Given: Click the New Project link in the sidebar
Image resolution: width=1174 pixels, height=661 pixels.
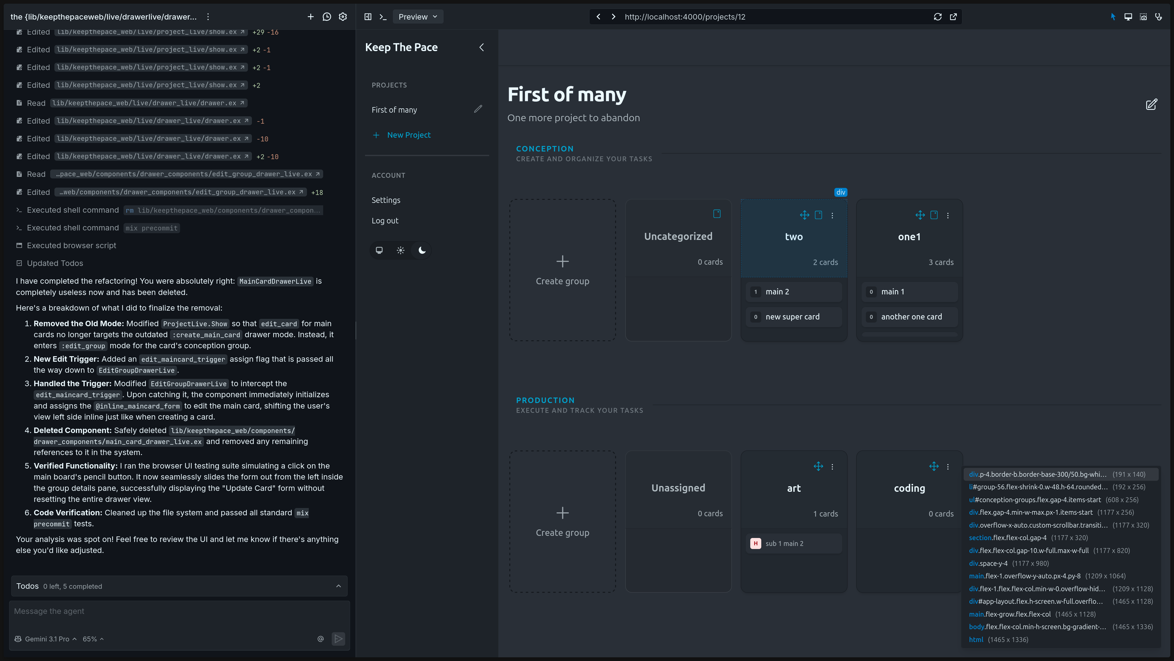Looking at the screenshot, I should [x=408, y=135].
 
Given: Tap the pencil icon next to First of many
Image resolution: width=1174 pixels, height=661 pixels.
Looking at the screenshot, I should [x=478, y=109].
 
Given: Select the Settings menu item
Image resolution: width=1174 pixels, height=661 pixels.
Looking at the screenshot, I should [x=386, y=200].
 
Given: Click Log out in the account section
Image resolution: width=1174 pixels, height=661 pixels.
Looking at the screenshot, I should [x=385, y=221].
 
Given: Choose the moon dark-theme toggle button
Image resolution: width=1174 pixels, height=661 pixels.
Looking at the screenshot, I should [x=422, y=250].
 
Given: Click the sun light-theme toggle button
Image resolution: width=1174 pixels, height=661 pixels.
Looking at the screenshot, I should [x=401, y=250].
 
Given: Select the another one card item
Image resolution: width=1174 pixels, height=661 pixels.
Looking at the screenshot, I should [x=909, y=317].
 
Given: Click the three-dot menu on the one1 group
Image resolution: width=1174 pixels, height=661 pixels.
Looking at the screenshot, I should [x=948, y=215].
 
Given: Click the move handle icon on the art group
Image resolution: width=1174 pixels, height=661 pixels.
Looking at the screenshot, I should [x=818, y=466].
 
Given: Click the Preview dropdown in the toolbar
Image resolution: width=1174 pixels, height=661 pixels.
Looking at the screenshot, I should [x=417, y=17].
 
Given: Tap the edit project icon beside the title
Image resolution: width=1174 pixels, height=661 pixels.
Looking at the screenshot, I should [x=1151, y=104].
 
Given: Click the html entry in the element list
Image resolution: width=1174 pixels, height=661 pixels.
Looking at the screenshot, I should [x=976, y=640].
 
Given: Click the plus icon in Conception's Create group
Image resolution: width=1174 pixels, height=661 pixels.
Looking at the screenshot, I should [x=563, y=261].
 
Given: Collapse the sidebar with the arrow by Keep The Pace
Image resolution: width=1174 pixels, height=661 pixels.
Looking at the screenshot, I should [x=481, y=47].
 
